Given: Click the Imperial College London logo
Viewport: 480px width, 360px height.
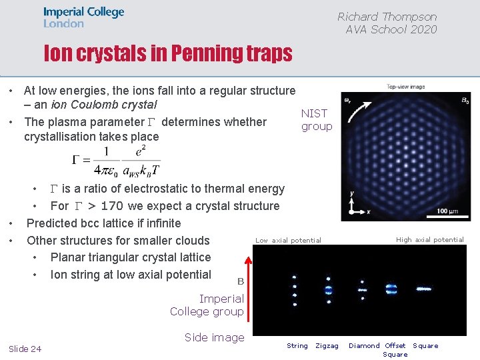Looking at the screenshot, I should point(83,17).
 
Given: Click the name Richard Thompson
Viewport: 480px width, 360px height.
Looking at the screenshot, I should point(387,17).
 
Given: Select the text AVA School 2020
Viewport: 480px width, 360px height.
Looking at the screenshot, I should point(391,29).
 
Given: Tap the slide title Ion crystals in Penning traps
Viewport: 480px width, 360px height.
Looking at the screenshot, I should point(168,53).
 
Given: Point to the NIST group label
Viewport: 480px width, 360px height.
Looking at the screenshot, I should point(316,120).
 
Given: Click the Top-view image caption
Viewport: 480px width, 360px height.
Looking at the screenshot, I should point(407,87).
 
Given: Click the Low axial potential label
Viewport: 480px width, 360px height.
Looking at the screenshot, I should point(288,241).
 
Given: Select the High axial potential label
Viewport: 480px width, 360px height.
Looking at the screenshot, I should point(429,240).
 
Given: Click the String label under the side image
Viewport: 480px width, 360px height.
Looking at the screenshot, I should point(297,345).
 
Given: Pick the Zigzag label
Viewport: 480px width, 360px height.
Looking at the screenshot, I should point(327,345).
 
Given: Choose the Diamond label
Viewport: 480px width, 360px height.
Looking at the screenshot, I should point(364,345).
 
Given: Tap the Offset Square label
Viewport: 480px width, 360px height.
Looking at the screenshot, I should point(395,349).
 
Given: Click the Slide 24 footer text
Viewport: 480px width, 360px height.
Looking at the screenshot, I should point(25,349).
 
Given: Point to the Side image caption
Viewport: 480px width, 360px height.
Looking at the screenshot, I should point(214,337).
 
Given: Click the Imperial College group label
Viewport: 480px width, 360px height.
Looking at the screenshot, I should point(207,305).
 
